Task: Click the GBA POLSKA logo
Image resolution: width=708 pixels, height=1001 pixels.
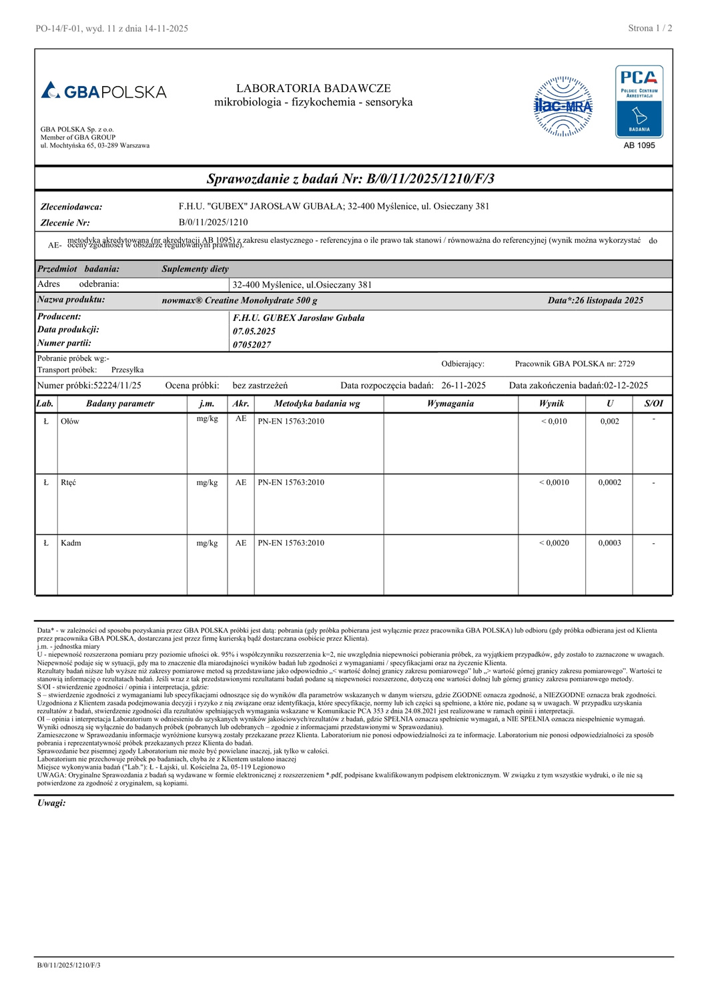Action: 104,91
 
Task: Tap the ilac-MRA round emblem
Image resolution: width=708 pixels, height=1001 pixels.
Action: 563,106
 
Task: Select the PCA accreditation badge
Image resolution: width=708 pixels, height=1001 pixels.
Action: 639,101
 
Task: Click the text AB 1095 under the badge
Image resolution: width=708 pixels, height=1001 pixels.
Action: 639,145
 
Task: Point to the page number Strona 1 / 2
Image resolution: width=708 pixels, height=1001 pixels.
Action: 650,28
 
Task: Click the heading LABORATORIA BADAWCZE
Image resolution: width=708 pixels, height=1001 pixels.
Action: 313,88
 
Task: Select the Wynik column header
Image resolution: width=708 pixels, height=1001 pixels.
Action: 551,404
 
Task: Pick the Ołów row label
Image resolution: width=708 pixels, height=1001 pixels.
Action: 70,422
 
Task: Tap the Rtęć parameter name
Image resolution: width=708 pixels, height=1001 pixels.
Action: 69,482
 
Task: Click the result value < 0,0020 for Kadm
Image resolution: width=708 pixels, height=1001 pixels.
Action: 554,543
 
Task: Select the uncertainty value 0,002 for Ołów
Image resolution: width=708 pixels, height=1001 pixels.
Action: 609,422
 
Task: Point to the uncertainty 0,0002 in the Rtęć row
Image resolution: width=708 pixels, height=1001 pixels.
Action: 609,482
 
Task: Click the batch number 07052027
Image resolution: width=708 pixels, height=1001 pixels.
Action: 252,345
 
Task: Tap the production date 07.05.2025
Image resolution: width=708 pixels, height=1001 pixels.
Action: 254,332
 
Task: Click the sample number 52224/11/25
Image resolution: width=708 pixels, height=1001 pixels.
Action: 117,386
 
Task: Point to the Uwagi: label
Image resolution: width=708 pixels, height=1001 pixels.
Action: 51,803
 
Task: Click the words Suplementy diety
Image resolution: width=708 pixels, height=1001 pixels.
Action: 195,269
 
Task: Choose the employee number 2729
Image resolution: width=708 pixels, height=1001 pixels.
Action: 626,364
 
